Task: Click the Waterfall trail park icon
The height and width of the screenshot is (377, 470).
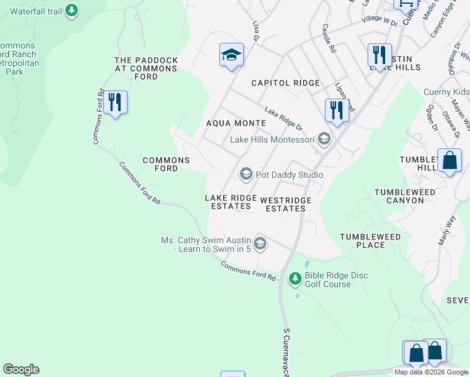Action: click(72, 10)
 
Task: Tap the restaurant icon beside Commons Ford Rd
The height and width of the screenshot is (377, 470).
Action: click(114, 102)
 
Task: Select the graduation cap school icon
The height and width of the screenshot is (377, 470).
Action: click(231, 55)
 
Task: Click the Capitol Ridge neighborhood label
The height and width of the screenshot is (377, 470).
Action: click(285, 83)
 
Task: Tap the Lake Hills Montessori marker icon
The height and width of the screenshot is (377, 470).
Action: click(324, 139)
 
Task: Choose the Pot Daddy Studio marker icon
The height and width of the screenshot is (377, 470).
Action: click(246, 174)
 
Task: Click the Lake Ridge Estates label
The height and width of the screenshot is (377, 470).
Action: click(231, 202)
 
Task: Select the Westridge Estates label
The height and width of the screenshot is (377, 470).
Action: click(286, 204)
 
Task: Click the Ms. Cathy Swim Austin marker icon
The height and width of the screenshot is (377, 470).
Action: click(260, 243)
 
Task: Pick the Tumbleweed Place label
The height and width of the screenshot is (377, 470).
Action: click(370, 241)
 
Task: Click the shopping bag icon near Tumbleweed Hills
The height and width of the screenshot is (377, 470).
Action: click(450, 161)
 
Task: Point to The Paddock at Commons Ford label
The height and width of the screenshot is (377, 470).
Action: click(146, 68)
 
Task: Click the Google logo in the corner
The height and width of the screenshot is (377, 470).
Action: click(21, 369)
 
